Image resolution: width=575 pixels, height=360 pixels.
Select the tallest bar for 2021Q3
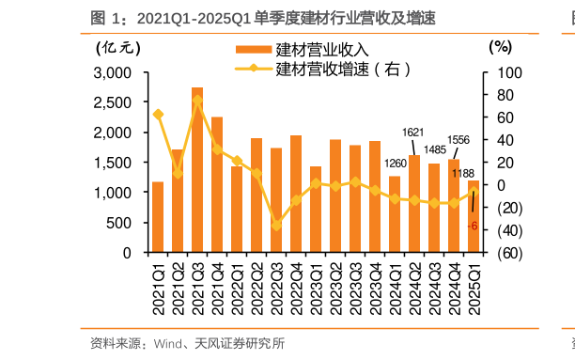click(x=197, y=169)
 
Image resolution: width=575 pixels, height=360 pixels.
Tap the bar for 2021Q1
click(x=158, y=217)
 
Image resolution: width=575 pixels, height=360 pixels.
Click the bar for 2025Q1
click(x=474, y=216)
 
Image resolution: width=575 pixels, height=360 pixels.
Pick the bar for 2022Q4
click(x=296, y=194)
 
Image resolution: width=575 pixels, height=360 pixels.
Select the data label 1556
click(x=458, y=140)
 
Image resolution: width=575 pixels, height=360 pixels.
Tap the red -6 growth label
click(x=474, y=226)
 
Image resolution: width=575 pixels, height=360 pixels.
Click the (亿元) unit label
click(x=115, y=46)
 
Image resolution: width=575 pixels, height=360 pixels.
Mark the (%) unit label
click(x=499, y=46)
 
